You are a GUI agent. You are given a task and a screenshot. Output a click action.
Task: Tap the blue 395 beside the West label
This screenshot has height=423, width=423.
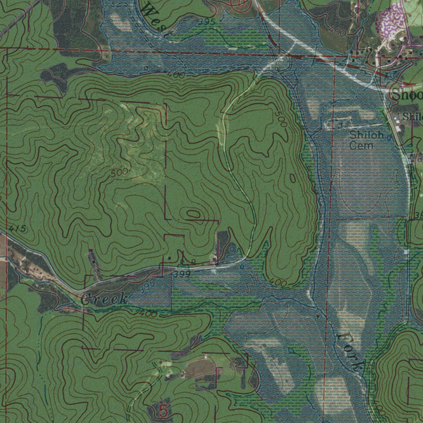(x=207, y=21)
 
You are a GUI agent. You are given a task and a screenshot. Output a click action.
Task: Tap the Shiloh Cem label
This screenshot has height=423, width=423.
(x=367, y=140)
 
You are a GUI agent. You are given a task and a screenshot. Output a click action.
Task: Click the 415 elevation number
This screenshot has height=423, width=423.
(x=17, y=228)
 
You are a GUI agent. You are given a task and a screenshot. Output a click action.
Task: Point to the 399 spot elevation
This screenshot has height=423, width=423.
(x=182, y=274)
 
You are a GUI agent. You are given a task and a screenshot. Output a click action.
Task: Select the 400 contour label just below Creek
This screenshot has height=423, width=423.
(x=148, y=314)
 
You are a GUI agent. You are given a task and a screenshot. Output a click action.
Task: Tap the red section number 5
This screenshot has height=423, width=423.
(x=164, y=411)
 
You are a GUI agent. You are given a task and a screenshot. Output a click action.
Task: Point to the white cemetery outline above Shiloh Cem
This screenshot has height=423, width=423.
(x=340, y=124)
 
